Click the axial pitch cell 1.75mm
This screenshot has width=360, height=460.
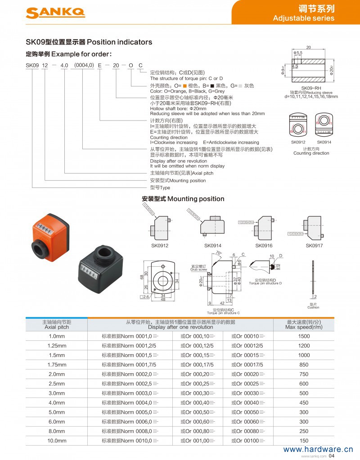pos(57,365)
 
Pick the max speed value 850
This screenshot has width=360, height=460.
pos(304,365)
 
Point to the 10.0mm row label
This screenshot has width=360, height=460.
pos(57,440)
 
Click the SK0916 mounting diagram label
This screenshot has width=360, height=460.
pos(263,246)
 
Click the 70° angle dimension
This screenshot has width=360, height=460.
pos(219,254)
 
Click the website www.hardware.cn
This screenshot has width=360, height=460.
pos(318,449)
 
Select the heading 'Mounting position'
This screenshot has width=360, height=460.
pos(195,199)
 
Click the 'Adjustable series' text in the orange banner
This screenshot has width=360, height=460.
pos(304,18)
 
